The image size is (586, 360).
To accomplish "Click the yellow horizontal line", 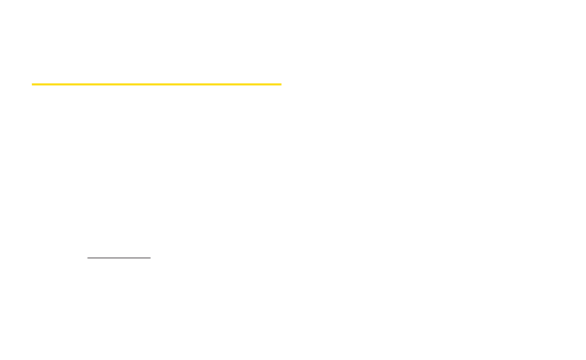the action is coord(156,85).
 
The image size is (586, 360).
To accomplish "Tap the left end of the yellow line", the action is coord(33,85).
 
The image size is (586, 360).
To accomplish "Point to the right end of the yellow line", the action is coord(280,85).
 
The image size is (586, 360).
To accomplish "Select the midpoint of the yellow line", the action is coord(156,85).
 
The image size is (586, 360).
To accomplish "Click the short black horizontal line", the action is coord(119,258).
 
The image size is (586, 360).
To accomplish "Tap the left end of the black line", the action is coord(88,258).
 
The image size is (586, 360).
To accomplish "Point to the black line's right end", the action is coord(150,258).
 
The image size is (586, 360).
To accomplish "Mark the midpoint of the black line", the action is coord(119,258).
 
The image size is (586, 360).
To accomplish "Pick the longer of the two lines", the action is coord(156,85).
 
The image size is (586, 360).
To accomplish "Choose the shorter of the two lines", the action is coord(119,258).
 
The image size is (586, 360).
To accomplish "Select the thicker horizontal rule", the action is coord(156,85).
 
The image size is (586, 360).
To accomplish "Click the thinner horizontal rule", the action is coord(119,258).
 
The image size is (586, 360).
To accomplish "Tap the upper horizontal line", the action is coord(156,85).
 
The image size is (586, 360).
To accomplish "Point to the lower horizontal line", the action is coord(119,258).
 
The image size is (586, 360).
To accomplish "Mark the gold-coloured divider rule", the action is coord(156,85).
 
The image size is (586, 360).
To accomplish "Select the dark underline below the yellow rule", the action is coord(119,258).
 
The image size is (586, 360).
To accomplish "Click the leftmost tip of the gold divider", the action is coord(33,85).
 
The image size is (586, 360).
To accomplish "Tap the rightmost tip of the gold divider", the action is coord(280,85).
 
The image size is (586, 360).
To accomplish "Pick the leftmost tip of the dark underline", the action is coord(88,258).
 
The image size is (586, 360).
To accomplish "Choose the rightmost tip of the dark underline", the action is coord(150,258).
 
